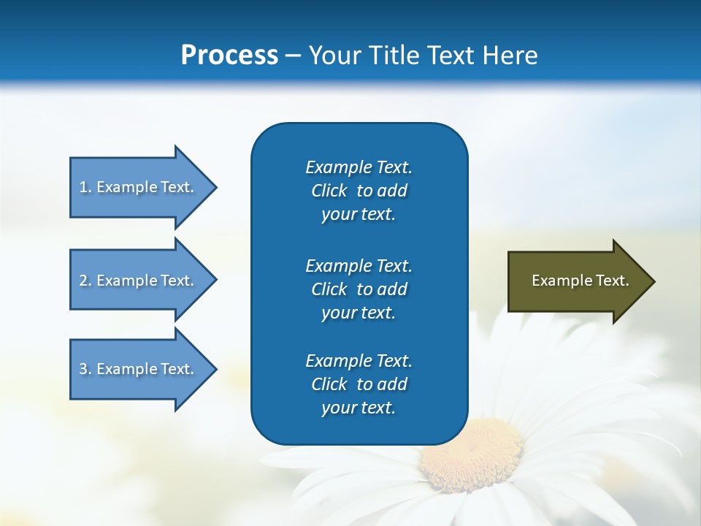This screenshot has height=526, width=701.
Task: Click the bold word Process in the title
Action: (x=229, y=56)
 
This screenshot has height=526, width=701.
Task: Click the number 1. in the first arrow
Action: (x=85, y=187)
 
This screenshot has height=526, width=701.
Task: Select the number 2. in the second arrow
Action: (x=85, y=281)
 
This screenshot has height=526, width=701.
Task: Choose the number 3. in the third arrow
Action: (x=85, y=369)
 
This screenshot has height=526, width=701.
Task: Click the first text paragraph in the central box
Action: (x=359, y=191)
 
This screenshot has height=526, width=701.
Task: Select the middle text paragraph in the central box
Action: (x=359, y=289)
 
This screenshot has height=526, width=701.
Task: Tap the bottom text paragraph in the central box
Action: (x=359, y=384)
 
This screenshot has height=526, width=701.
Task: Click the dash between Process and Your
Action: (x=293, y=56)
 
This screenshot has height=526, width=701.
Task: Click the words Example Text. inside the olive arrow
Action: (x=580, y=281)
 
